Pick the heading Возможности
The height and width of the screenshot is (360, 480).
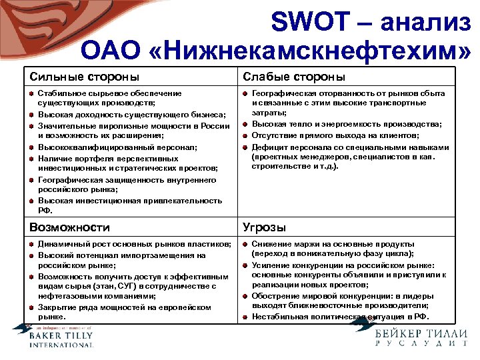pos(69,227)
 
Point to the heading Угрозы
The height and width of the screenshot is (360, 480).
pos(264,227)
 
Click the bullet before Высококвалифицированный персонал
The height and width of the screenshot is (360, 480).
pos(31,148)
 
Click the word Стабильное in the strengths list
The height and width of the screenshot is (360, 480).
pos(56,94)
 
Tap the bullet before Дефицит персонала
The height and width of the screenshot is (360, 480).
pos(245,148)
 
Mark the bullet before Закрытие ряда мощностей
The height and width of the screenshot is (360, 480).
pos(31,307)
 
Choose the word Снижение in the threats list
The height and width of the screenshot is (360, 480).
pos(267,244)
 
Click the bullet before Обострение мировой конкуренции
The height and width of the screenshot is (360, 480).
pos(245,297)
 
